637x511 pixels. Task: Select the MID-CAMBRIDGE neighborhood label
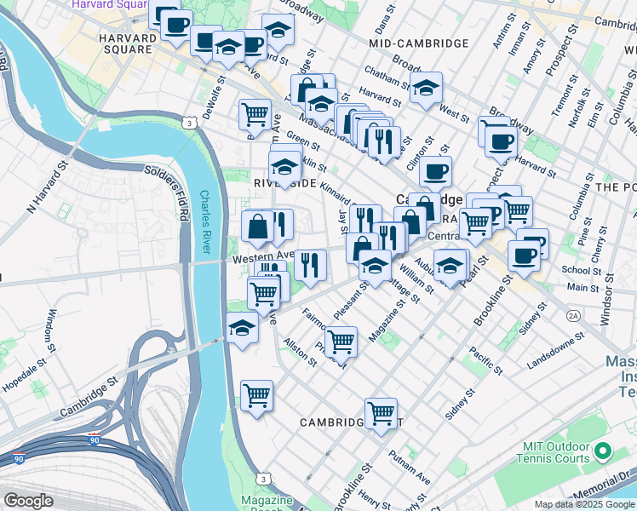pyautogui.click(x=419, y=43)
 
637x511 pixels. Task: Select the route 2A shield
pyautogui.click(x=573, y=316)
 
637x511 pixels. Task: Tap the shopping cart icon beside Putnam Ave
pyautogui.click(x=382, y=413)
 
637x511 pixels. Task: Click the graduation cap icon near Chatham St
pyautogui.click(x=426, y=87)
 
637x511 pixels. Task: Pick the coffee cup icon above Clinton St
pyautogui.click(x=435, y=171)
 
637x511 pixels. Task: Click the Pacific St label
pyautogui.click(x=485, y=360)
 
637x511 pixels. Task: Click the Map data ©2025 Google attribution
pyautogui.click(x=584, y=504)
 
